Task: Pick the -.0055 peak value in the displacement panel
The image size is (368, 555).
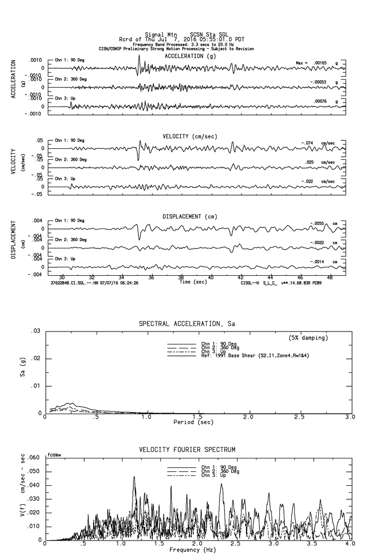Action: (317, 223)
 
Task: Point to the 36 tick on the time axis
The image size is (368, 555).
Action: (151, 277)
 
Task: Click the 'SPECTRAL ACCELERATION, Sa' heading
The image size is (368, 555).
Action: (187, 324)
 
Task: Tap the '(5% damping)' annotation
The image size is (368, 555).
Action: (308, 338)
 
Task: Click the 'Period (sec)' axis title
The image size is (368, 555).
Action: (194, 422)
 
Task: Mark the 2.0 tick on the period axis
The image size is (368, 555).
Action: (248, 417)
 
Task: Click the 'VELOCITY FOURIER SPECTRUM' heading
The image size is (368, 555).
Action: (187, 450)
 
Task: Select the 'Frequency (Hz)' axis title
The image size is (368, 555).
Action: (192, 550)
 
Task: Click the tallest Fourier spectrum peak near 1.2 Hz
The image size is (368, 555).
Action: (134, 477)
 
